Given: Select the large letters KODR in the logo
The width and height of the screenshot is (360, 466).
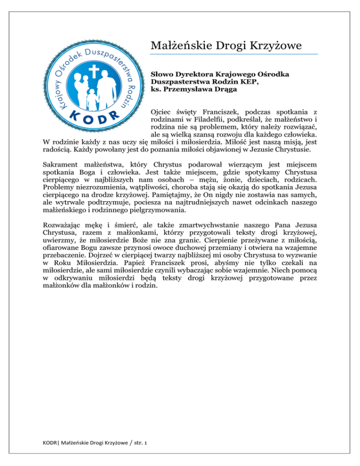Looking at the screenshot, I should [x=92, y=117].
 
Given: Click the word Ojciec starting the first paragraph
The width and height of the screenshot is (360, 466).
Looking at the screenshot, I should [x=162, y=113].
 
